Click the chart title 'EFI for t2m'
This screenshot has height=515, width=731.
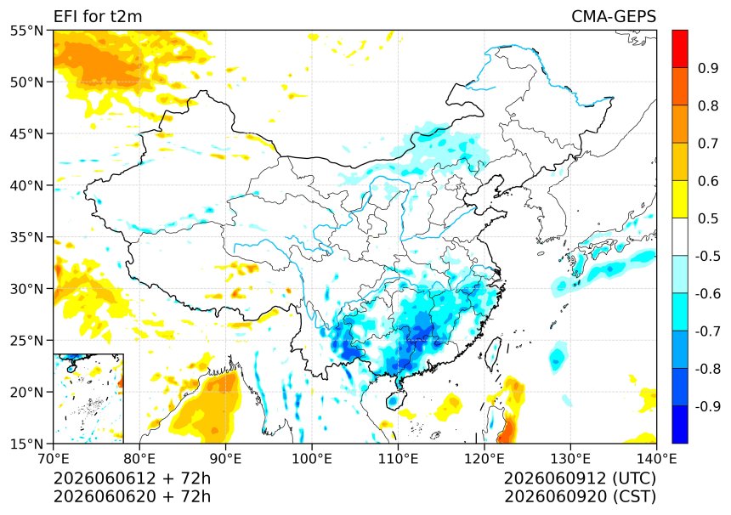tap(98, 16)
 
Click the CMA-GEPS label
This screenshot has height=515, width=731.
tap(614, 16)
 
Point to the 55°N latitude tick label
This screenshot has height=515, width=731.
tap(26, 31)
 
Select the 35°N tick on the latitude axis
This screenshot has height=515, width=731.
tap(26, 237)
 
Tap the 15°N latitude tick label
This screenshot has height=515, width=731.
tap(26, 444)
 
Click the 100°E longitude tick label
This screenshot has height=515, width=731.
tap(311, 459)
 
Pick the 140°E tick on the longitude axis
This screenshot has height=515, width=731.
tap(656, 459)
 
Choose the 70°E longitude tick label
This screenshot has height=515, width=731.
tap(54, 459)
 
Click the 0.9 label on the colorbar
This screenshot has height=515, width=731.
tap(708, 68)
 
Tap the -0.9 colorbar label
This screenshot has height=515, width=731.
tap(708, 406)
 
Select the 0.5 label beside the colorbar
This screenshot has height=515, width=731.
tap(708, 218)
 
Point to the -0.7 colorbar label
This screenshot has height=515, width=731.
tap(708, 331)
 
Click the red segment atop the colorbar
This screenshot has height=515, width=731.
tap(680, 49)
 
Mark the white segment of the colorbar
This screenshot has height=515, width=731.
tap(680, 237)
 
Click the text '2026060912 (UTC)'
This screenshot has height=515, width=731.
tap(580, 478)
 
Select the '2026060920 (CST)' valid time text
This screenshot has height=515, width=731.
tap(580, 496)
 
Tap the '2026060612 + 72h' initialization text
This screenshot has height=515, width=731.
tap(132, 478)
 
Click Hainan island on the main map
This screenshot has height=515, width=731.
tap(394, 400)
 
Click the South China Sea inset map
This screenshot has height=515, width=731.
tap(88, 399)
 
